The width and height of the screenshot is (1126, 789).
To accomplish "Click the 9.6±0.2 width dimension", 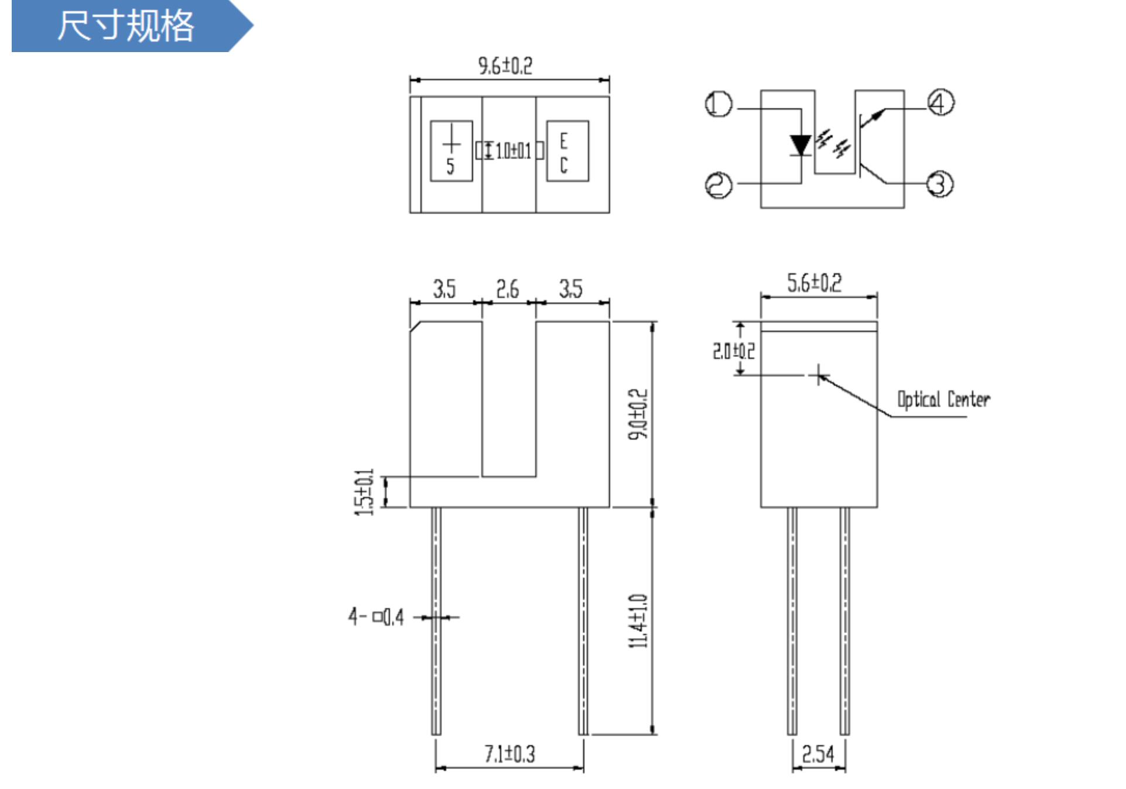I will pos(505,66).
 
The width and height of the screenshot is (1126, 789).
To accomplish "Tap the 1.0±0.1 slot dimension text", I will pos(513,151).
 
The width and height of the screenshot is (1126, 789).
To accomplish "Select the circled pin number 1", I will pos(718,105).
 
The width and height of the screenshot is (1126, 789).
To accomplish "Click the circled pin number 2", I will pos(718,186).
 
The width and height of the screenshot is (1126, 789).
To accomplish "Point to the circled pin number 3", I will pos(940,184).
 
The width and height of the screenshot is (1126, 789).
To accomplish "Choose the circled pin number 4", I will pos(940,103).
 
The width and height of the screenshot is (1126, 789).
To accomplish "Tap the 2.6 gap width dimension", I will pos(508,289).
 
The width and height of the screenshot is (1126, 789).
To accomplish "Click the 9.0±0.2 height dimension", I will pos(638,414).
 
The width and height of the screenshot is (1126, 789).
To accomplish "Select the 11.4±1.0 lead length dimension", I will pos(638,620).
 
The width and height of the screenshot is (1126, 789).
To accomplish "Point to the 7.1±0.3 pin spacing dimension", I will pos(509,754).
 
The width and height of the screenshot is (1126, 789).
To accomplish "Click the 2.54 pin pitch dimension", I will pos(818,754).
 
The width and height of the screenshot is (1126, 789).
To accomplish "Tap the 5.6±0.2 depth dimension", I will pos(814,283).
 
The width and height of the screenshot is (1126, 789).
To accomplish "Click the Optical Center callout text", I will pos(943,400).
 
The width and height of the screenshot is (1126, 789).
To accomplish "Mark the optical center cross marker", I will pos(819,374).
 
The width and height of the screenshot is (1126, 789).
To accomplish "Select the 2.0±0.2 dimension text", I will pos(733,351).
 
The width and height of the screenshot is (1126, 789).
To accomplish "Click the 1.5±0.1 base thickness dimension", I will pos(364,492).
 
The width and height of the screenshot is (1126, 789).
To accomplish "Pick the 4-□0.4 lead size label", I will pos(376,616).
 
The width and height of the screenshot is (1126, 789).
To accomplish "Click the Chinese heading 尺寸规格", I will pos(125,26).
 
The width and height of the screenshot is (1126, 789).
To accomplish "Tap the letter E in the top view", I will pos(563,141).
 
